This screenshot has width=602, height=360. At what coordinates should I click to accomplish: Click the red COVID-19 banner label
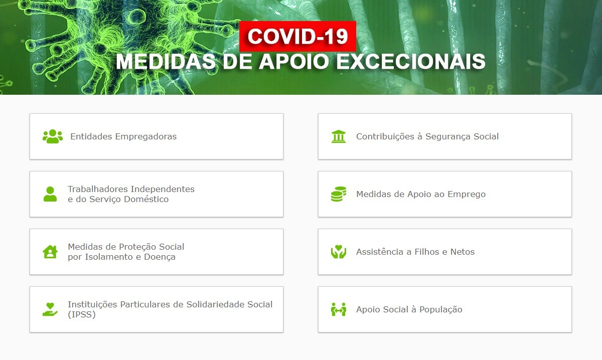(x=297, y=36)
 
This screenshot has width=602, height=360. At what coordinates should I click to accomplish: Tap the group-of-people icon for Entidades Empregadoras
(x=53, y=136)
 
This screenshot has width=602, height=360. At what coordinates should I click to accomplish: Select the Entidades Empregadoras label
(x=123, y=136)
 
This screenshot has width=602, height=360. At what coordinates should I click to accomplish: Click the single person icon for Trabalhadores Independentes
(x=50, y=194)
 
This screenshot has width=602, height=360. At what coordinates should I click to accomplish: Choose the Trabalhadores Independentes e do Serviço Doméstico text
(x=131, y=194)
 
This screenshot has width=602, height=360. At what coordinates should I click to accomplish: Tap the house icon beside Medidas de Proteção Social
(x=50, y=252)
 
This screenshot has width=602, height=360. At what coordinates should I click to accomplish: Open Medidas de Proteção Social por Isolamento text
(x=126, y=252)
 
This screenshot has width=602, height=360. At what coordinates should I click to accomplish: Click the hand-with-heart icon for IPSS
(x=50, y=309)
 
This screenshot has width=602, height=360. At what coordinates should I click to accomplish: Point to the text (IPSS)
(x=82, y=315)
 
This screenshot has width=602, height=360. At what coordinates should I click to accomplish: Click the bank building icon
(x=339, y=136)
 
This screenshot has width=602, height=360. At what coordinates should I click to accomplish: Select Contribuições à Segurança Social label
(x=427, y=136)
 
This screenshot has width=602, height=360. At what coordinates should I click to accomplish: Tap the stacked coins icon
(x=339, y=194)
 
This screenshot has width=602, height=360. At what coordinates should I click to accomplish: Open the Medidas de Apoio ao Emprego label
(x=421, y=194)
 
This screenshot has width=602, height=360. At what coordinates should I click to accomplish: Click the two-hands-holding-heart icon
(x=339, y=252)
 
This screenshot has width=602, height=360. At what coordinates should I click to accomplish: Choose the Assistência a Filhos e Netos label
(x=415, y=252)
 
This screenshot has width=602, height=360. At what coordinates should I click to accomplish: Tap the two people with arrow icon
(x=339, y=309)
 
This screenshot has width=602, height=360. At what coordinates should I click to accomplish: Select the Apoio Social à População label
(x=409, y=309)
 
